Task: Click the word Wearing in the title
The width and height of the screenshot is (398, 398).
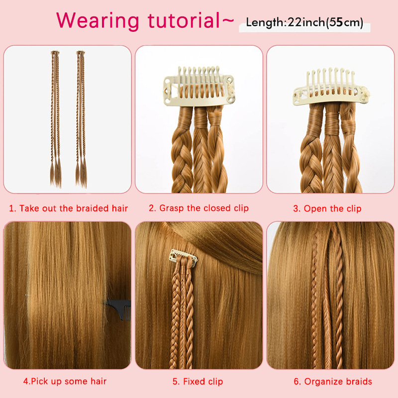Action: [x=98, y=21]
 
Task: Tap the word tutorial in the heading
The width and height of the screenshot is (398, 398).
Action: [x=184, y=20]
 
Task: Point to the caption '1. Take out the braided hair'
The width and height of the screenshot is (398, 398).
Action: [x=68, y=208]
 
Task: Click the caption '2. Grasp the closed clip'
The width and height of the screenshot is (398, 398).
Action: [x=199, y=208]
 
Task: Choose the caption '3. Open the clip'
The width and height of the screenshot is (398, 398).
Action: [x=327, y=208]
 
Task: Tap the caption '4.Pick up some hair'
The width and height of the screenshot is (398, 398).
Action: [x=65, y=381]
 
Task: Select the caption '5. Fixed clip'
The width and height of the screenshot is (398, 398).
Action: [x=198, y=381]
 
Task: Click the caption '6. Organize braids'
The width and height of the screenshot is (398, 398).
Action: [x=333, y=381]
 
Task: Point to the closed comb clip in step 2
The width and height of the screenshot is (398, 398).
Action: [x=199, y=86]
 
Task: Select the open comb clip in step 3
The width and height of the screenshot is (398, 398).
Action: [x=331, y=88]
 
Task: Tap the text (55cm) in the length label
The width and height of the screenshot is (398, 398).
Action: [x=344, y=22]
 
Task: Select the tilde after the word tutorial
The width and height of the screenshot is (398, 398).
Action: [x=228, y=21]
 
